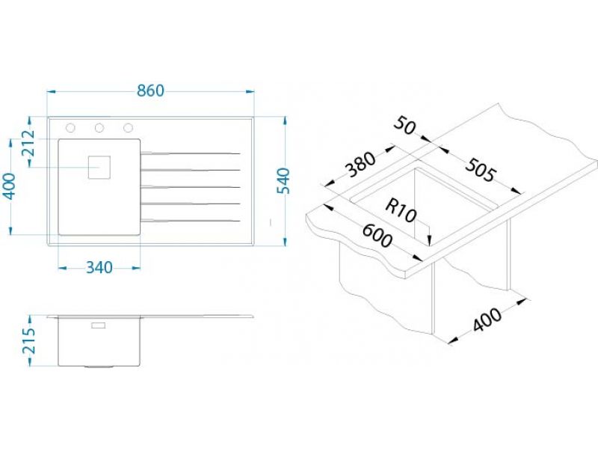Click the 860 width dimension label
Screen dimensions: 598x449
tap(151, 91)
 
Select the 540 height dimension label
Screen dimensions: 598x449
tap(283, 181)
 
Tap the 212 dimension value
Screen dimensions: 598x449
tap(28, 144)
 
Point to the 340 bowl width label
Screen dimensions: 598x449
tap(99, 268)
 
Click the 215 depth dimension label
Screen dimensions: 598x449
tap(28, 340)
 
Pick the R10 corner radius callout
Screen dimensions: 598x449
tap(401, 210)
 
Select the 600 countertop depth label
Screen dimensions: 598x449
tap(377, 236)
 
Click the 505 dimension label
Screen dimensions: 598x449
tap(481, 170)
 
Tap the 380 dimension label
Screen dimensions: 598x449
tap(360, 165)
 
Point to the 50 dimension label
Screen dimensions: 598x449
tap(404, 126)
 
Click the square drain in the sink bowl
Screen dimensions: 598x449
tap(99, 167)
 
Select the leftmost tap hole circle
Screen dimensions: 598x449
tap(70, 127)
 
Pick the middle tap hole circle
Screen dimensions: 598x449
tap(99, 127)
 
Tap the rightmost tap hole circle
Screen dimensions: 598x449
tap(128, 127)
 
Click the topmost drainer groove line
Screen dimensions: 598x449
tap(191, 153)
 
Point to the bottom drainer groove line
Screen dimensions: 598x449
tap(191, 220)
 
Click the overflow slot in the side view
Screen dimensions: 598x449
tap(98, 326)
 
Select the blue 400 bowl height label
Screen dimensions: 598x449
tap(10, 186)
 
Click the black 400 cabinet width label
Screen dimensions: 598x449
tap(487, 319)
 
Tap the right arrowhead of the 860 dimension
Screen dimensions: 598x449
tap(250, 91)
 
